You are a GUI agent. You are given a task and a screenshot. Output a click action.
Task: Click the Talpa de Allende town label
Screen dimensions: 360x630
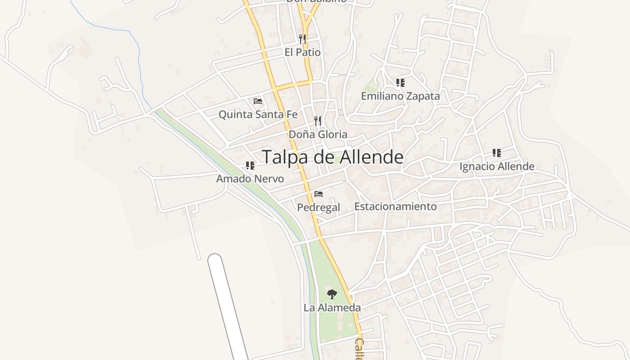[333, 157]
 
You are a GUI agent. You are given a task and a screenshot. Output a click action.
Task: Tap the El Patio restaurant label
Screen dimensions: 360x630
[302, 52]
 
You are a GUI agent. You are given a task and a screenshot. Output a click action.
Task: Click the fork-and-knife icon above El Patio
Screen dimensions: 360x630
[302, 39]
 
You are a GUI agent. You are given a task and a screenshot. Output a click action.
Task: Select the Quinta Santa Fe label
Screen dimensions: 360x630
[258, 114]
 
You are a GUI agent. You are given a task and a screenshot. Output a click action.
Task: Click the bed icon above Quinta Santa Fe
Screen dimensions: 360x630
[258, 101]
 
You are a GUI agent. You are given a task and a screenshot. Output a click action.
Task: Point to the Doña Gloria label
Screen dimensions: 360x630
[318, 134]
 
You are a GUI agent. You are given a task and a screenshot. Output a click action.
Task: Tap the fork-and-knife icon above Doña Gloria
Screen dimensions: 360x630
[318, 121]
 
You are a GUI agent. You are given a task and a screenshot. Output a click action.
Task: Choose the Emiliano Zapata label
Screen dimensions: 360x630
[400, 96]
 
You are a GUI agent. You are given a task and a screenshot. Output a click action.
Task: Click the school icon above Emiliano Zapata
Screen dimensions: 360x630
[400, 82]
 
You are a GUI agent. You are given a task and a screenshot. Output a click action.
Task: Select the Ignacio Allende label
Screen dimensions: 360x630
[497, 166]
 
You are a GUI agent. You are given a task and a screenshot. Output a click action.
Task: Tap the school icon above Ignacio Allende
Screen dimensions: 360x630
[496, 153]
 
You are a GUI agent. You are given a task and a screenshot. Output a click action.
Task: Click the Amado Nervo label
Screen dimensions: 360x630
[250, 179]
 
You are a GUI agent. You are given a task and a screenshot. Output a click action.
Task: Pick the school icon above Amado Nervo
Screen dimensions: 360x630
[250, 166]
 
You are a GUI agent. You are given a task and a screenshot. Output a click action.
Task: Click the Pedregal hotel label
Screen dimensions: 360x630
[319, 207]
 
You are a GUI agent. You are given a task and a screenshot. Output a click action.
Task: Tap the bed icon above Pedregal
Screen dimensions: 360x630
[319, 194]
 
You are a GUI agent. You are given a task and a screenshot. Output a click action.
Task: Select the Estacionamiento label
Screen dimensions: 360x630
[395, 206]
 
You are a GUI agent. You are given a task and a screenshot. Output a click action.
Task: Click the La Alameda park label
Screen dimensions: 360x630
[332, 308]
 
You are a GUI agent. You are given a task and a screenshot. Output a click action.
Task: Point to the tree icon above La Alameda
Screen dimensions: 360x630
[332, 294]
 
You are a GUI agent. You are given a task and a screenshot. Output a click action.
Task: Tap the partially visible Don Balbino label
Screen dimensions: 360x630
[316, 1]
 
